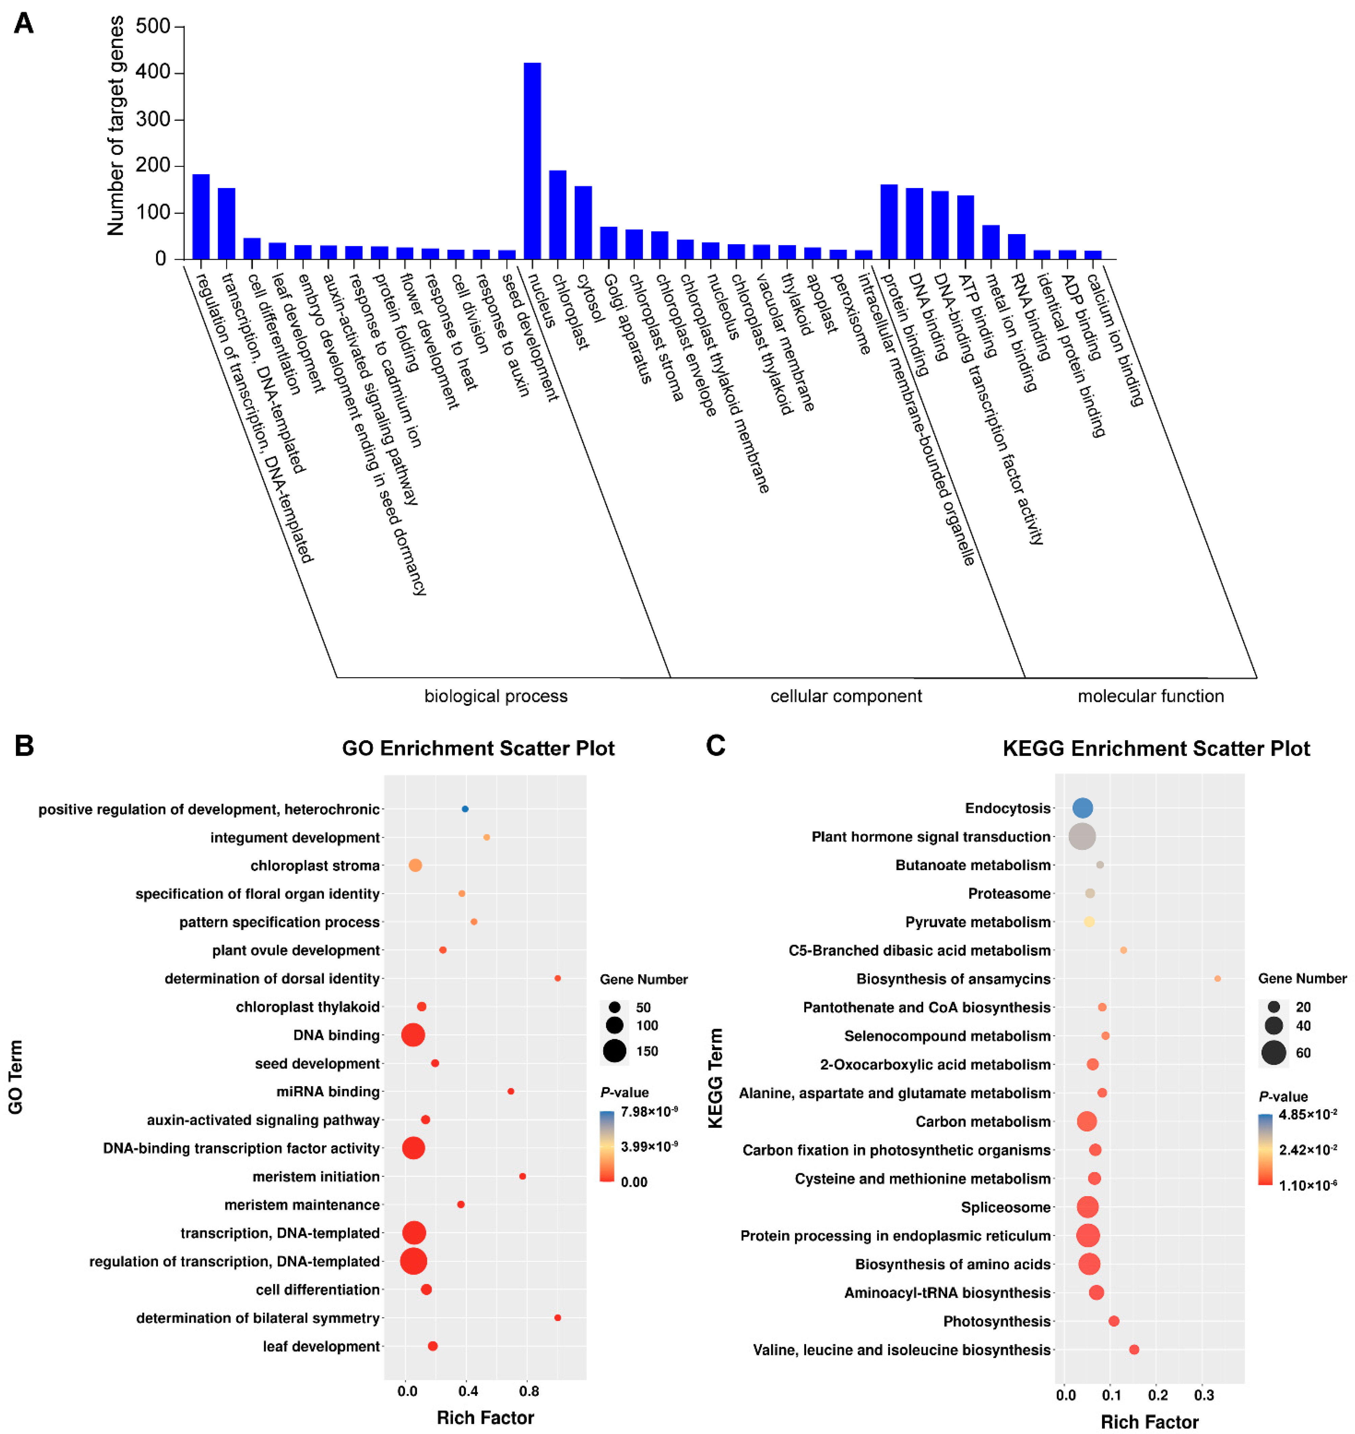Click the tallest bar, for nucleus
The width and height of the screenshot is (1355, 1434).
pyautogui.click(x=532, y=160)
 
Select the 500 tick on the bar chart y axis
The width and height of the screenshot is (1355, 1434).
pyautogui.click(x=153, y=27)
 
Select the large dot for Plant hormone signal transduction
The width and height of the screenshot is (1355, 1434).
pyautogui.click(x=1081, y=837)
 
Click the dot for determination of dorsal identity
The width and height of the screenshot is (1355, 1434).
pyautogui.click(x=558, y=978)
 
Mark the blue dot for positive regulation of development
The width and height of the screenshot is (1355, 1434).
pyautogui.click(x=465, y=809)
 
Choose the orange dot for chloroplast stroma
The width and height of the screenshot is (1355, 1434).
pyautogui.click(x=415, y=865)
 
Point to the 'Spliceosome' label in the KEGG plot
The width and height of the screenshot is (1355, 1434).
pyautogui.click(x=1005, y=1207)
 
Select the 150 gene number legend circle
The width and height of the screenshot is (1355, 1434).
pyautogui.click(x=615, y=1051)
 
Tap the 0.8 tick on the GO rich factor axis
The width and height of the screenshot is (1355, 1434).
pyautogui.click(x=529, y=1391)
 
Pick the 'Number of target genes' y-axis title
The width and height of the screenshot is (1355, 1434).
pyautogui.click(x=116, y=127)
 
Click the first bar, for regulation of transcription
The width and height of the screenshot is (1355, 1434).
pyautogui.click(x=201, y=217)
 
